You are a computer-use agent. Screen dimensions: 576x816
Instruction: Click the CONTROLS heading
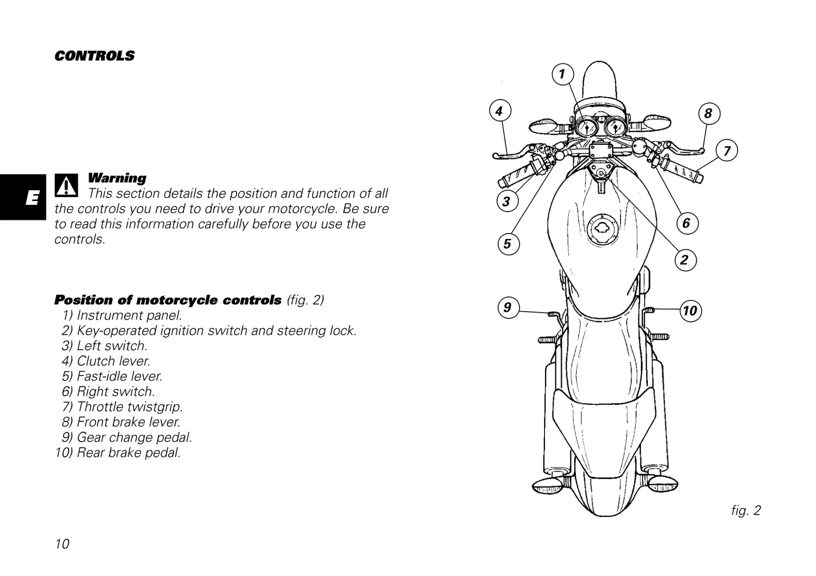(x=95, y=56)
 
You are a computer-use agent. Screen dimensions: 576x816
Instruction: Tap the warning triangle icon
(x=66, y=185)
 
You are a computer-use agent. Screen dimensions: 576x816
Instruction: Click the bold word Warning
(x=117, y=178)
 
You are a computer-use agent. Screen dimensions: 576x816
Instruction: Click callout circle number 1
(x=562, y=75)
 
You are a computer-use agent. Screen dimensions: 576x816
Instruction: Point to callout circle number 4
(x=500, y=112)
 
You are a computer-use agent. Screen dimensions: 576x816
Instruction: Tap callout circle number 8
(x=708, y=113)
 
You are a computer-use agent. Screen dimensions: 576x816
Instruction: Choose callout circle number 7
(x=727, y=151)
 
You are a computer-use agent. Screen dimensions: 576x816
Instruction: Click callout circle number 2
(x=684, y=260)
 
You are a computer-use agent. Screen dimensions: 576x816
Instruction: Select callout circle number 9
(x=508, y=307)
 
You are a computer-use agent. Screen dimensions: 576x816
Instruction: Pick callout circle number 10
(x=690, y=311)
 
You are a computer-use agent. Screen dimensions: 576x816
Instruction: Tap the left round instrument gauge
(x=586, y=128)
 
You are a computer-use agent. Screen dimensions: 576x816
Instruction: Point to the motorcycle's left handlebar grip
(x=516, y=174)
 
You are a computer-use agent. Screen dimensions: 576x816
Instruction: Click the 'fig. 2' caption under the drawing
(x=746, y=510)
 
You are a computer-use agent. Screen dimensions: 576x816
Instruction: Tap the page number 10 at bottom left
(x=62, y=544)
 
